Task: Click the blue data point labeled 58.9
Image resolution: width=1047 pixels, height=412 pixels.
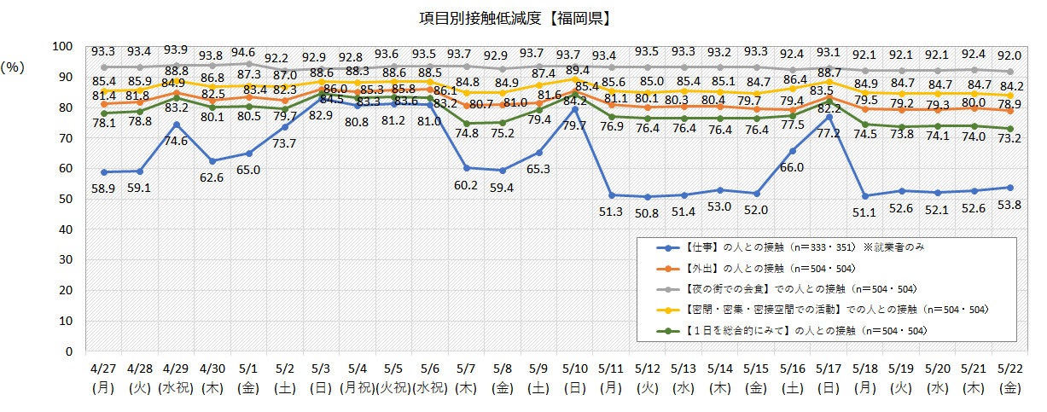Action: tap(104, 171)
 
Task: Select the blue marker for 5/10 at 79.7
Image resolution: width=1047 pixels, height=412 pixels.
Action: tap(576, 109)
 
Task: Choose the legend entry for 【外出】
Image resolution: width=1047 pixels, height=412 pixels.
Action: tap(768, 269)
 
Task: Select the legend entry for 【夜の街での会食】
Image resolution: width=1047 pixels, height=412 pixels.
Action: tap(794, 289)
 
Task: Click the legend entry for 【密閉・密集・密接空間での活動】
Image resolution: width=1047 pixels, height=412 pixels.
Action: tap(819, 310)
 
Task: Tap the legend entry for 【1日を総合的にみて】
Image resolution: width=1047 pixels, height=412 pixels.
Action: tap(794, 330)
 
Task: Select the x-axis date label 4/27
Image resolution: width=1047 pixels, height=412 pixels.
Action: tap(104, 368)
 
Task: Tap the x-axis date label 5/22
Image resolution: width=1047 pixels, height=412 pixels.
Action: tap(1009, 368)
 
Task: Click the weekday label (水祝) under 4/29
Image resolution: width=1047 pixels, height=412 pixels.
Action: tap(176, 386)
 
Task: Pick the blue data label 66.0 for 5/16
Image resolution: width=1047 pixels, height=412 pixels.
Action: tap(794, 167)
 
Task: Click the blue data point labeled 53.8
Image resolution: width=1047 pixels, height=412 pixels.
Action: tap(1009, 187)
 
